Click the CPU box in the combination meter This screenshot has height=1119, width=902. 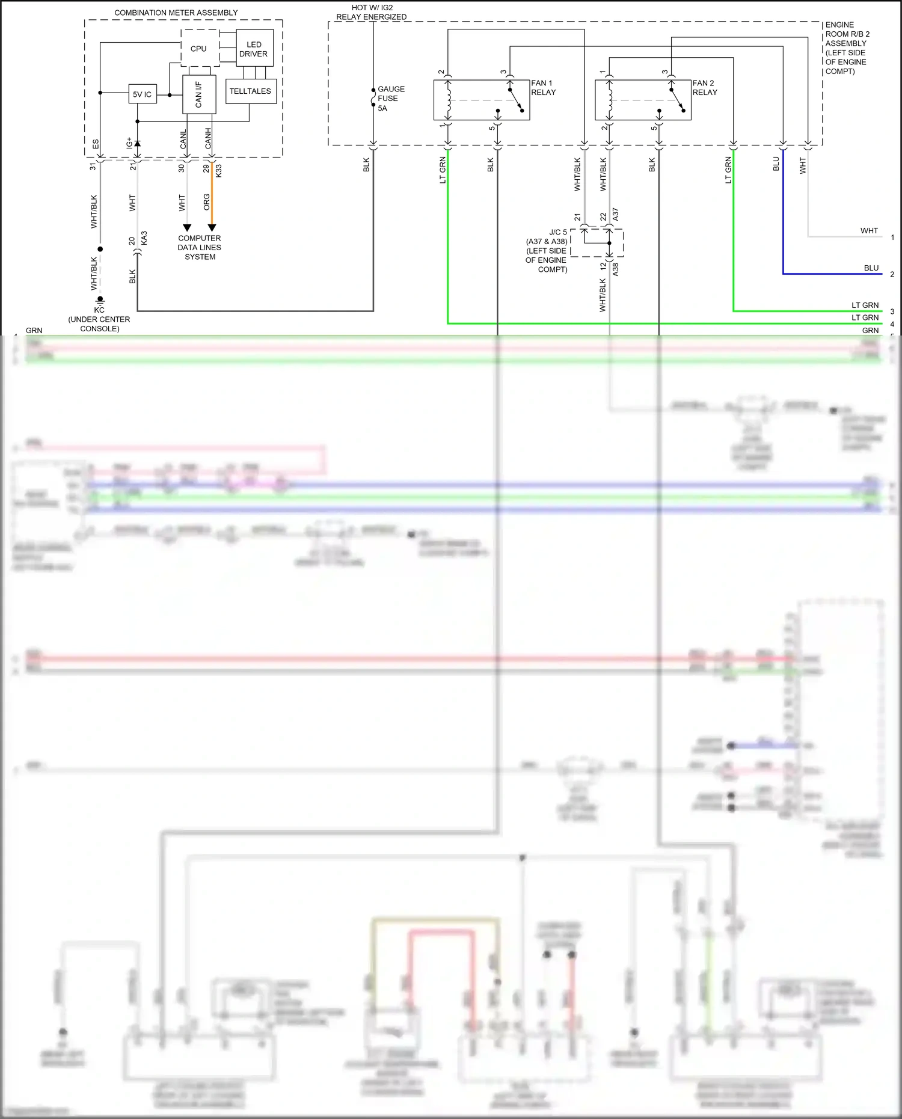tap(199, 49)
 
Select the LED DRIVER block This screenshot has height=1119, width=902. tap(254, 49)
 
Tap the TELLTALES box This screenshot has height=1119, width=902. tap(250, 91)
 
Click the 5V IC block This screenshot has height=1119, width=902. tap(143, 94)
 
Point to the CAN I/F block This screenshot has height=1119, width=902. tap(198, 94)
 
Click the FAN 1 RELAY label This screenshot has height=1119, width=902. tap(543, 88)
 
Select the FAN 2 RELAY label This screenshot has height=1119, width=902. tap(704, 88)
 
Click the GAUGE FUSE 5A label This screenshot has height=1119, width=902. tap(390, 99)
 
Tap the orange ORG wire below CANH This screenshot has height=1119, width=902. tap(212, 198)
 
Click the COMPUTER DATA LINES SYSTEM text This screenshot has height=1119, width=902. tap(200, 247)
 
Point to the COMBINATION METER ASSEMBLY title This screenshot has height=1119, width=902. tap(176, 13)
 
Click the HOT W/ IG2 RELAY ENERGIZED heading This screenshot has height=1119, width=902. tap(372, 12)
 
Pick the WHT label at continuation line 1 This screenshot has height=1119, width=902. tap(868, 231)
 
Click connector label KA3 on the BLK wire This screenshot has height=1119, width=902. tap(144, 238)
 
